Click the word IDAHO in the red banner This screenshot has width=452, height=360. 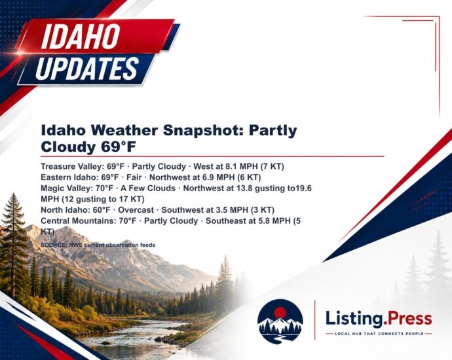[81, 36]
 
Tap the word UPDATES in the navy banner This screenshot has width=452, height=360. [87, 68]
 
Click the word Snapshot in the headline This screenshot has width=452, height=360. [204, 130]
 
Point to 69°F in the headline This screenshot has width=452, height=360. [118, 147]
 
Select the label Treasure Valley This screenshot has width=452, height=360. [71, 167]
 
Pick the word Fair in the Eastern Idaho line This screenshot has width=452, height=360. [134, 177]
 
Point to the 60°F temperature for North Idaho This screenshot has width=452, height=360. [102, 210]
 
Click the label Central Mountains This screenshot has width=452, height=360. [79, 221]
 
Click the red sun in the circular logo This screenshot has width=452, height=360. [280, 312]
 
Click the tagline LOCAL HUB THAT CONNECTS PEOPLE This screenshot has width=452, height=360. [379, 334]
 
